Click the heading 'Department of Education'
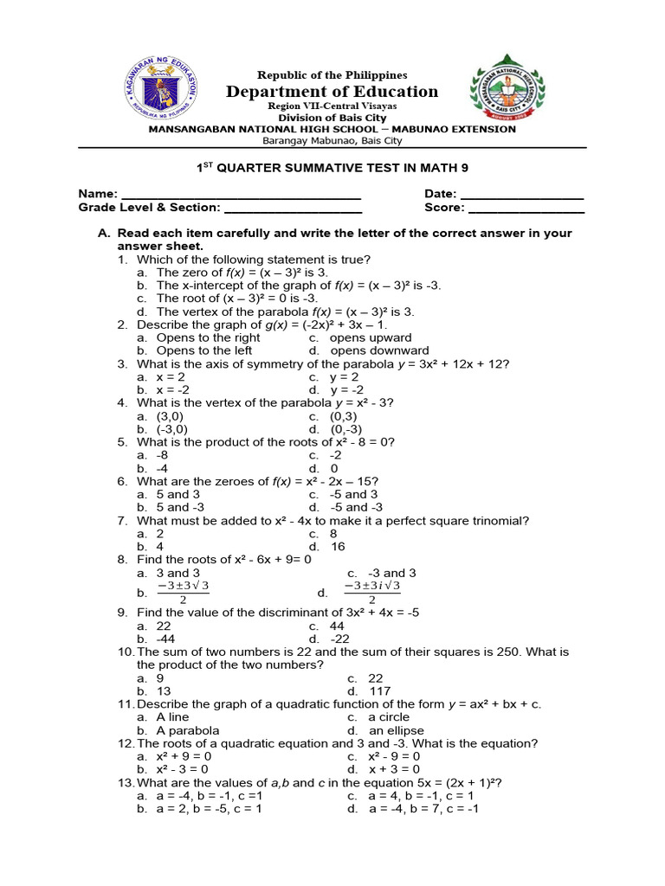(332, 92)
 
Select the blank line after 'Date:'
(522, 194)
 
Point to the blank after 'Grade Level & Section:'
(293, 209)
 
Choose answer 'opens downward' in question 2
(379, 350)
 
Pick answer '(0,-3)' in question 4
(345, 428)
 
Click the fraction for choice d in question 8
(371, 593)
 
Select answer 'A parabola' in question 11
(188, 730)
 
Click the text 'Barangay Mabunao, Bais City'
(332, 140)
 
